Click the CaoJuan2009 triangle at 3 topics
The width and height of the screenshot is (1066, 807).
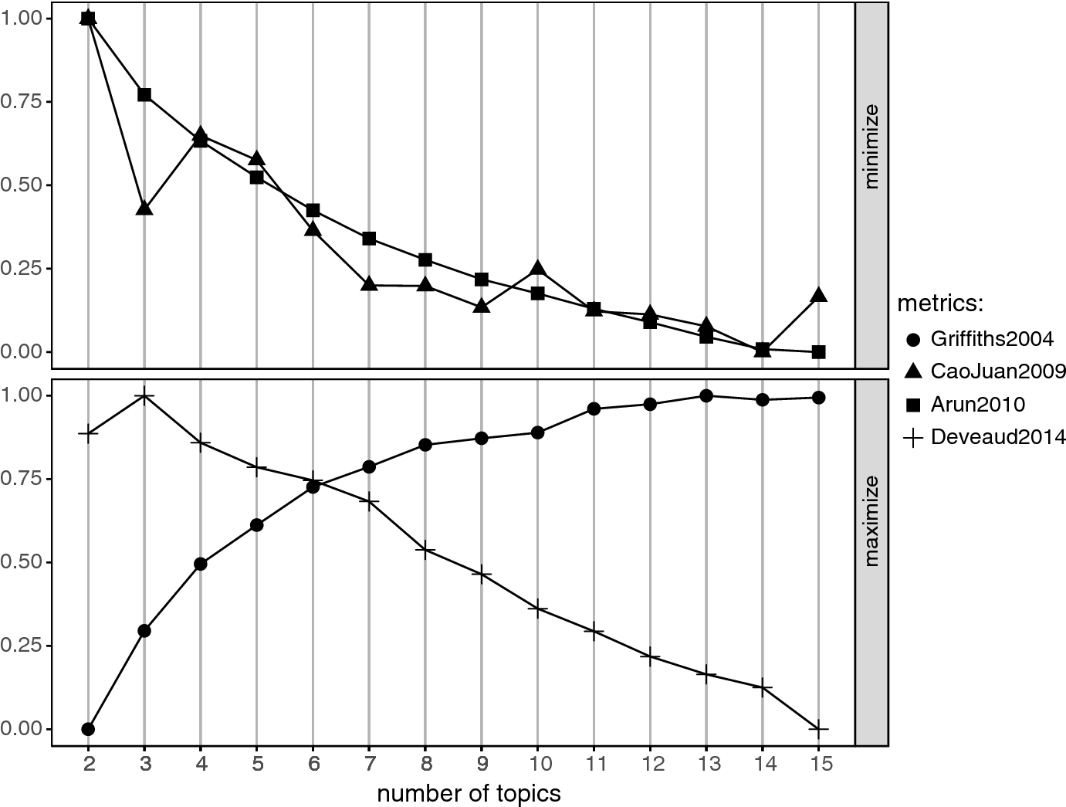point(144,209)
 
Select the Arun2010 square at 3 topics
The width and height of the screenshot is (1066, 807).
point(144,95)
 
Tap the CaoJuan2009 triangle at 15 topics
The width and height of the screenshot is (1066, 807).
point(819,296)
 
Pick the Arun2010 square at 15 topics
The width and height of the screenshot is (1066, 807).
point(819,351)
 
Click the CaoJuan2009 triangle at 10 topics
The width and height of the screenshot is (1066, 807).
point(538,269)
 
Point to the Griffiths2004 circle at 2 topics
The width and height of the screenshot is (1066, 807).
point(88,728)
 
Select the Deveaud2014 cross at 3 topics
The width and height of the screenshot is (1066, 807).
point(144,396)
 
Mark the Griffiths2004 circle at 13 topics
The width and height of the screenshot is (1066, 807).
point(706,395)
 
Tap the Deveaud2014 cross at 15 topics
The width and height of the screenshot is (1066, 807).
point(819,728)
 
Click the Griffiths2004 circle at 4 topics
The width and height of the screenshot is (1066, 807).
point(201,564)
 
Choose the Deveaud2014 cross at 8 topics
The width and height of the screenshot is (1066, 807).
point(425,550)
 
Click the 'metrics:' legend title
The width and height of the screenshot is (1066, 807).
point(939,303)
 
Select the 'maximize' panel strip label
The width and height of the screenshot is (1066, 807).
point(872,521)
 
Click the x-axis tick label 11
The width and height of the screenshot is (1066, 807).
point(594,765)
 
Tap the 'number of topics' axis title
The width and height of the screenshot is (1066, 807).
point(469,794)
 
